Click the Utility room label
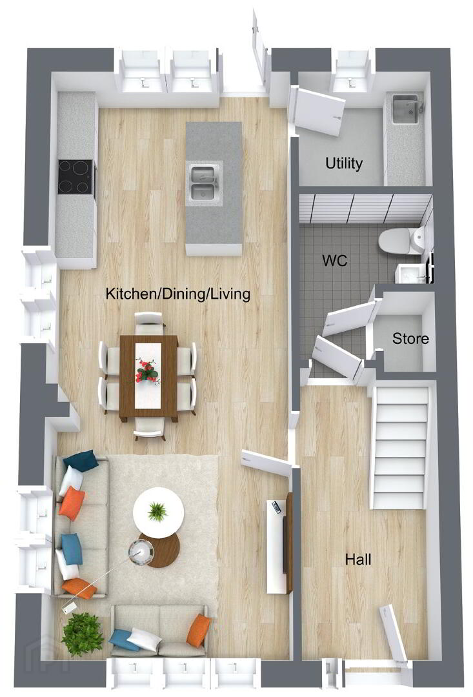(x=344, y=163)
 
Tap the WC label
(x=335, y=260)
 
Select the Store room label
(x=410, y=339)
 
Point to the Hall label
(x=358, y=559)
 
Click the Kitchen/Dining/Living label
(x=178, y=294)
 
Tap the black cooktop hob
(x=76, y=177)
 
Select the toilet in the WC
(x=400, y=241)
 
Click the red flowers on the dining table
(x=148, y=370)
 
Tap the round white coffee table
(x=158, y=512)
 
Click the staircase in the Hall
(x=400, y=448)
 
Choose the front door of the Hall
(x=394, y=634)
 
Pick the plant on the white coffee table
(x=156, y=510)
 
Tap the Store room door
(x=351, y=318)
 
